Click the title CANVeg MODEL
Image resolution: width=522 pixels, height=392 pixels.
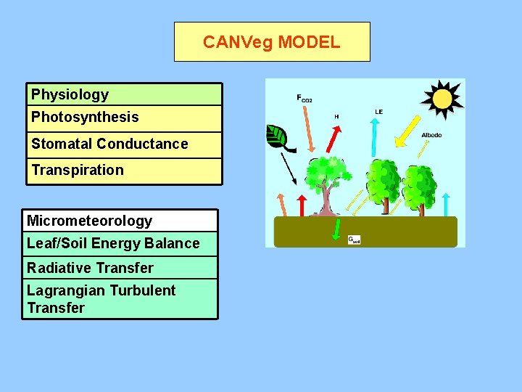point(271,42)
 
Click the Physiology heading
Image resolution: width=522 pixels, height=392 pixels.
point(70,94)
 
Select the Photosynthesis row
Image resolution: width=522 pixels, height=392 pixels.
point(85,117)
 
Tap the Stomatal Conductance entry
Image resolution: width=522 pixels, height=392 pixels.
point(109,144)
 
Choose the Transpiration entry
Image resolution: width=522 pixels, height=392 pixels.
point(78,170)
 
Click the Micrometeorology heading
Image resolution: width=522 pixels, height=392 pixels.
point(90,221)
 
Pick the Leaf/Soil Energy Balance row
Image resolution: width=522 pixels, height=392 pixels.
point(113,243)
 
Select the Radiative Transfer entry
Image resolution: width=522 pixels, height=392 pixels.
point(91,268)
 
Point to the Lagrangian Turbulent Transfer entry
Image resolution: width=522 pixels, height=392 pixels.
point(101,299)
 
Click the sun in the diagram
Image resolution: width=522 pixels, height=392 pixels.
point(442,98)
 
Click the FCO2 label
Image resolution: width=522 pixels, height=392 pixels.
point(304,98)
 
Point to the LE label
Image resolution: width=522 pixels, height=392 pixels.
point(378,112)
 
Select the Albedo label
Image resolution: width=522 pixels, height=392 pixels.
point(431,136)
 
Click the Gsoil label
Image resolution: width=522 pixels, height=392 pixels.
point(354,240)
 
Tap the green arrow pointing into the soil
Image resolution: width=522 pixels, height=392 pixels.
point(336,230)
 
